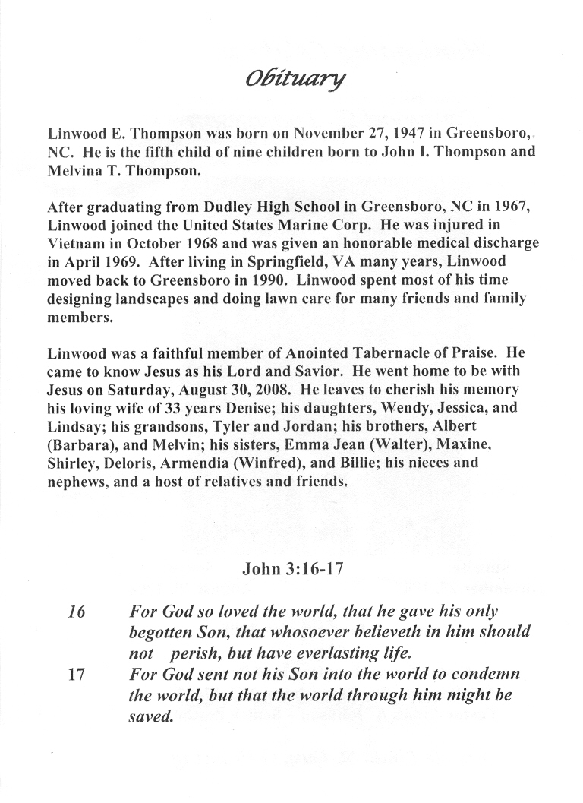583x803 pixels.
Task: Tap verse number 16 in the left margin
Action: tap(76, 611)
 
